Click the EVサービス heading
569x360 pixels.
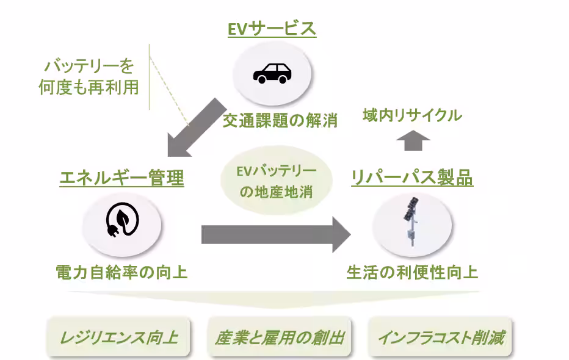pyautogui.click(x=272, y=29)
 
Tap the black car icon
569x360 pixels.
pyautogui.click(x=272, y=73)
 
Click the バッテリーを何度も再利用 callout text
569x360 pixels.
pyautogui.click(x=89, y=76)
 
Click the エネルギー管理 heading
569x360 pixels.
pyautogui.click(x=121, y=178)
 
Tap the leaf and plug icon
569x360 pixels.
pyautogui.click(x=121, y=221)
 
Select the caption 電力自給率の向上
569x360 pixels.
pyautogui.click(x=121, y=272)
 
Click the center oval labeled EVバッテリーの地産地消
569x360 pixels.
pyautogui.click(x=277, y=181)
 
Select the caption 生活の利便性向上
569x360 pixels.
pyautogui.click(x=412, y=272)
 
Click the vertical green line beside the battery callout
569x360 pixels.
pyautogui.click(x=150, y=76)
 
